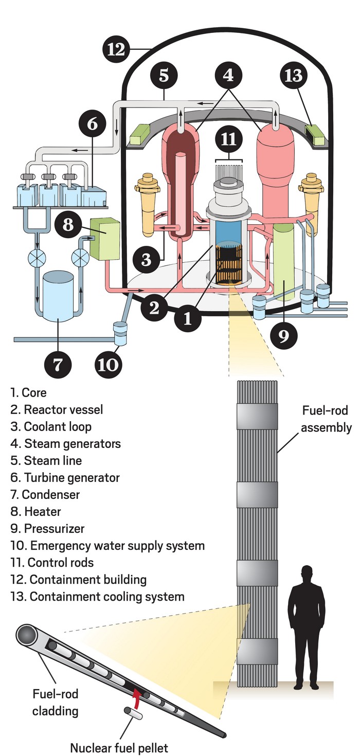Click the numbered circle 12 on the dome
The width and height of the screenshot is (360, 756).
click(x=117, y=50)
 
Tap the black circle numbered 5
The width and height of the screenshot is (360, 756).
click(x=164, y=75)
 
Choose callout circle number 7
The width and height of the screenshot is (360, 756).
click(x=58, y=364)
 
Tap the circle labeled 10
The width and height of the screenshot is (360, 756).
click(x=109, y=364)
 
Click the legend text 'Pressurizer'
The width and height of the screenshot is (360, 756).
click(x=54, y=529)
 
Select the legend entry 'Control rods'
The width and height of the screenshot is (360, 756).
click(x=61, y=563)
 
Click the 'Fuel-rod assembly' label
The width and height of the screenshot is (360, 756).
click(x=326, y=419)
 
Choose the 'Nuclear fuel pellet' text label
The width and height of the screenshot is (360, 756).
click(x=119, y=747)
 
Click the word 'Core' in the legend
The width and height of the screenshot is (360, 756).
click(x=34, y=393)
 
